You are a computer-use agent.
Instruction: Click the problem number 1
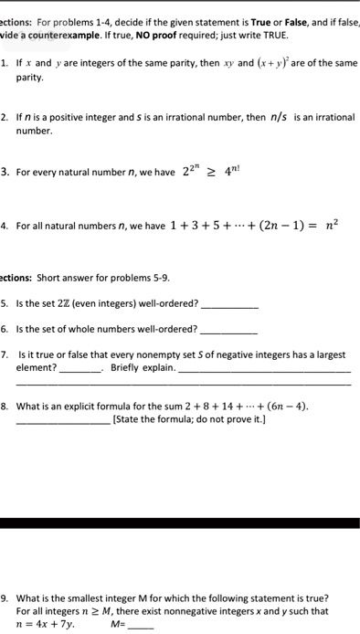(5, 65)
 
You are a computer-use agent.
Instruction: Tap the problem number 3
(5, 170)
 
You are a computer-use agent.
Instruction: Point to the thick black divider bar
(180, 524)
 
